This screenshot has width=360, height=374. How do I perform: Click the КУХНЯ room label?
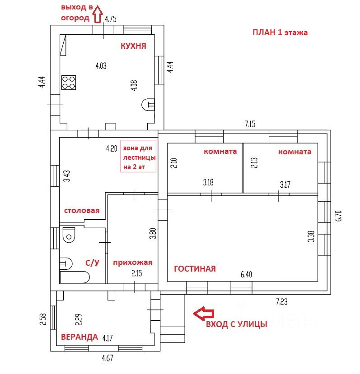(x=133, y=46)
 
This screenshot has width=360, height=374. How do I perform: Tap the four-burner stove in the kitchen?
(x=69, y=83)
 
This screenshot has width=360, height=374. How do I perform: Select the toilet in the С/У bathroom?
(x=69, y=235)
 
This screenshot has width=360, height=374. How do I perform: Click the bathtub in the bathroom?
(x=75, y=277)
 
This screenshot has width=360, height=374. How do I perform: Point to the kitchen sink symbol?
(x=148, y=105)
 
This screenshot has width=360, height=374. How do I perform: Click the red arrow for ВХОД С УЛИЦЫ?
(x=204, y=314)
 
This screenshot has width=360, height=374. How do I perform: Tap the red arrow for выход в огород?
(x=98, y=14)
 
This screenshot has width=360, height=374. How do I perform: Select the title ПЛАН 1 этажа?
(x=280, y=32)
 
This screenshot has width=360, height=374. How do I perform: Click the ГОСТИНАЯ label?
(x=195, y=269)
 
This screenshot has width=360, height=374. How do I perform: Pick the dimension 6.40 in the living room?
(x=246, y=275)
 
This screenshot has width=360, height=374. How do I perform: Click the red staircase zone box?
(x=138, y=156)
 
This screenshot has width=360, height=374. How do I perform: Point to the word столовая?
(x=82, y=211)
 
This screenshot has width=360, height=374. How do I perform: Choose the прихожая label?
(x=133, y=263)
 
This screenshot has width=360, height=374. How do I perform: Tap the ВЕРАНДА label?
(x=79, y=337)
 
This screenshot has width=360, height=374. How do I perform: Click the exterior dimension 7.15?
(x=250, y=124)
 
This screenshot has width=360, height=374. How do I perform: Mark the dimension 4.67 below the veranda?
(x=108, y=358)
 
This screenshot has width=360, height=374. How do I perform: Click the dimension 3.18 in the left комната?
(x=208, y=182)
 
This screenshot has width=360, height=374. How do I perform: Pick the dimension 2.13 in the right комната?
(x=254, y=162)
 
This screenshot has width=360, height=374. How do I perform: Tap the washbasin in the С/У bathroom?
(x=65, y=263)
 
